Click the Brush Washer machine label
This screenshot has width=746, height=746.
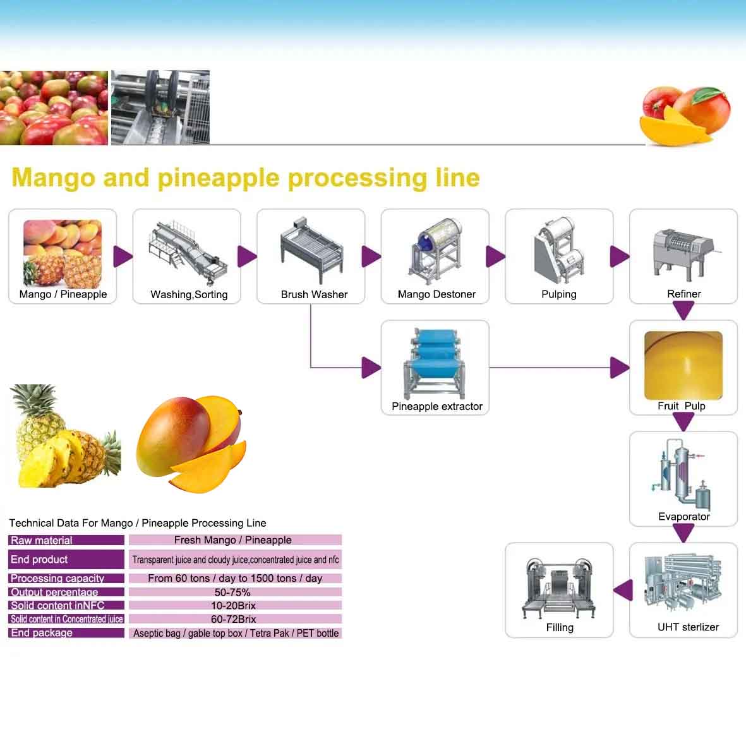(x=314, y=294)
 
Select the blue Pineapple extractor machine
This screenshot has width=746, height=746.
(x=436, y=363)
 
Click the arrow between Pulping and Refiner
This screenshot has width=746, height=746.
(x=620, y=256)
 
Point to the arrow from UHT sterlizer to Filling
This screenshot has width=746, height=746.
(x=623, y=591)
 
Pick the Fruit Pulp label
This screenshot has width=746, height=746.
(x=682, y=406)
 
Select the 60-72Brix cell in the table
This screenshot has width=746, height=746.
(x=234, y=619)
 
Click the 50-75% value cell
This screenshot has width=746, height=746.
(x=233, y=593)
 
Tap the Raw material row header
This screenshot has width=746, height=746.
(x=66, y=540)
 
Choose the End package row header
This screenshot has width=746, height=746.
(x=66, y=633)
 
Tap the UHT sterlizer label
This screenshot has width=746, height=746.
(x=688, y=627)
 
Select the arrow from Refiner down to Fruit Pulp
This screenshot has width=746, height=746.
(x=683, y=310)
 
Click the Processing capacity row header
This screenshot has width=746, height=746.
(x=66, y=578)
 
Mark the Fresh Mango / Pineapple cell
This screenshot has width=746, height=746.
(x=234, y=540)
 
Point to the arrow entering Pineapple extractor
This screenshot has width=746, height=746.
(x=370, y=367)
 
